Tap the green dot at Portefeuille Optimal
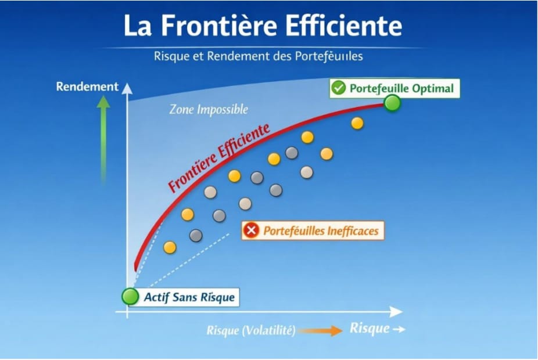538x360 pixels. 393,104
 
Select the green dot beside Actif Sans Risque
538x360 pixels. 130,297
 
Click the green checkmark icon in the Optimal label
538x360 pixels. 338,88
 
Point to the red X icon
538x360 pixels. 252,231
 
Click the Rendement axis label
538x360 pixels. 87,87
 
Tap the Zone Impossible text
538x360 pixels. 209,109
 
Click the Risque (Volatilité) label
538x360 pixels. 251,331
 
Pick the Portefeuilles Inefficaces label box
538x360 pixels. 313,231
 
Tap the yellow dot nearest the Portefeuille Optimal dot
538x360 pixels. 357,123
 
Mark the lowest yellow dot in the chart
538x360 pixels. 170,247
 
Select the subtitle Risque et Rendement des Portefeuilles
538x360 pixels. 259,57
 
